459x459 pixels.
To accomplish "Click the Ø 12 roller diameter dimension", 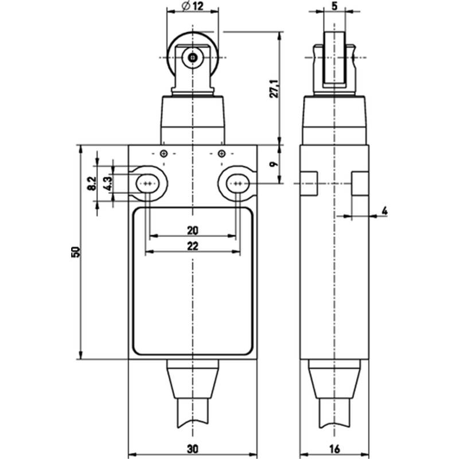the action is [193, 6].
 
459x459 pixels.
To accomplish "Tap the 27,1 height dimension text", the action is [274, 88].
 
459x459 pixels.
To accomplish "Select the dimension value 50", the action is [76, 252].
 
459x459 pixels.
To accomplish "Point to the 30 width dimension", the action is [192, 449].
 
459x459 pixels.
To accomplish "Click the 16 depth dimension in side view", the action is [334, 449].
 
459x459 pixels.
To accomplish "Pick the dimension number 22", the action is [192, 246].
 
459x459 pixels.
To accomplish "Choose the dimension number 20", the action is [192, 231].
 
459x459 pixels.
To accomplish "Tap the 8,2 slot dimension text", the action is [92, 184].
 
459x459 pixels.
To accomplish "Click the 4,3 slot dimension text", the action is [108, 184].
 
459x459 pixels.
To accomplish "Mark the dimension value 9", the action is [274, 164].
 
